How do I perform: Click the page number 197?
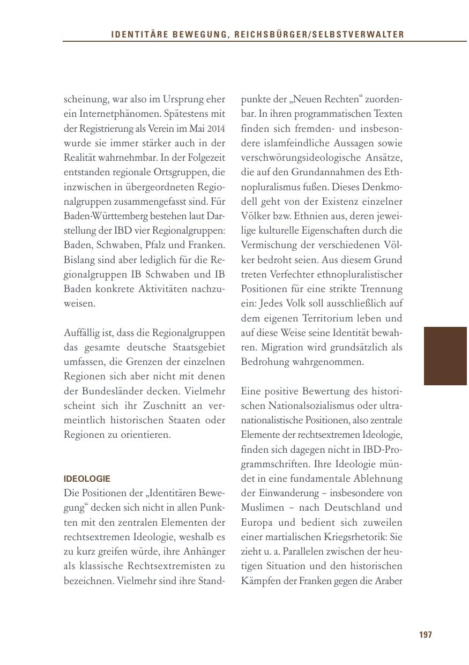point(425,635)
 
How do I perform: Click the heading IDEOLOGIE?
point(87,479)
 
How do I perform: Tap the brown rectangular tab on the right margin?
point(445,356)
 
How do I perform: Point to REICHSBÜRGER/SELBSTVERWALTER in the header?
point(319,35)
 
